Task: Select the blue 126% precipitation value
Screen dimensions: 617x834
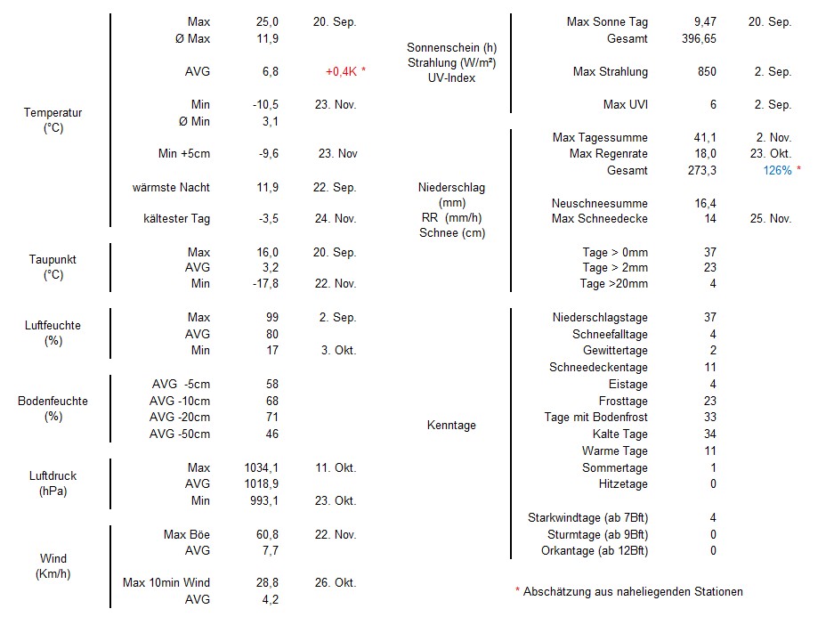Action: pos(777,170)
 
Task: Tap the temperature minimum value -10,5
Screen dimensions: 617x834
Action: pos(265,104)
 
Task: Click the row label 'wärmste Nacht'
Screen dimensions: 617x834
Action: pos(171,187)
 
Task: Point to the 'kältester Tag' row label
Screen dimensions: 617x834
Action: pos(176,218)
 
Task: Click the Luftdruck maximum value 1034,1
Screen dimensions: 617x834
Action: pos(261,467)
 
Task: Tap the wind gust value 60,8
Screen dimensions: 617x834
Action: pos(265,534)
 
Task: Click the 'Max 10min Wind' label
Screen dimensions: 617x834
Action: pos(166,582)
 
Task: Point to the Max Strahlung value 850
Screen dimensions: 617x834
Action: pos(706,71)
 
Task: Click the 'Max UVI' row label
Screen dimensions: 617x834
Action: pos(625,104)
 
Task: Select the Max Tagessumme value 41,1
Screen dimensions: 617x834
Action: pos(705,137)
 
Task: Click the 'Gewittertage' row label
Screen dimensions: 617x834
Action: pos(615,350)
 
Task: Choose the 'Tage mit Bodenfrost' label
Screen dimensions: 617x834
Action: pos(595,417)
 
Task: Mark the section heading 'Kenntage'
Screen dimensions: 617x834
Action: pos(451,425)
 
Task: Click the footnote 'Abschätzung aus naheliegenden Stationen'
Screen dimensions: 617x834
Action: pos(633,591)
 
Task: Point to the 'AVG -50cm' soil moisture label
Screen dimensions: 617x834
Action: pos(180,434)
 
